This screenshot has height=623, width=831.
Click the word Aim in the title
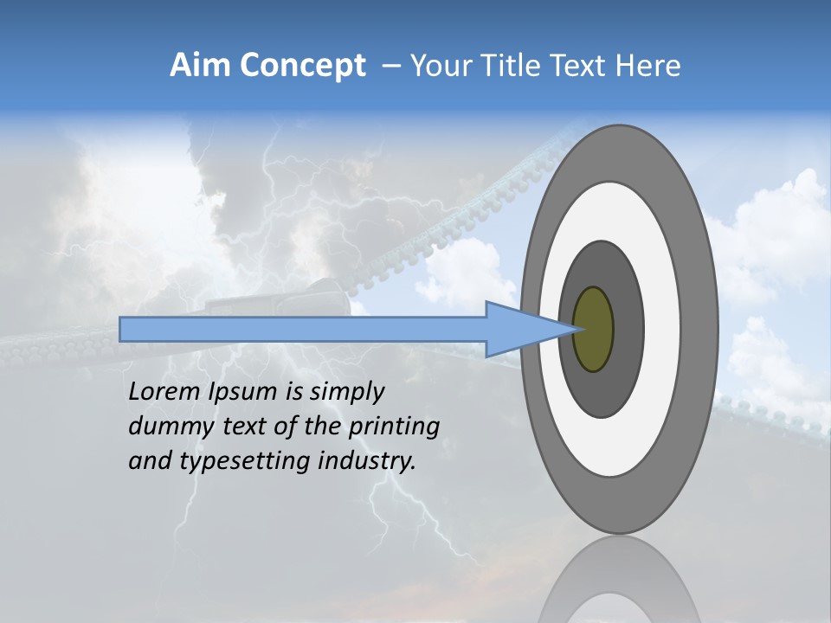[199, 66]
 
